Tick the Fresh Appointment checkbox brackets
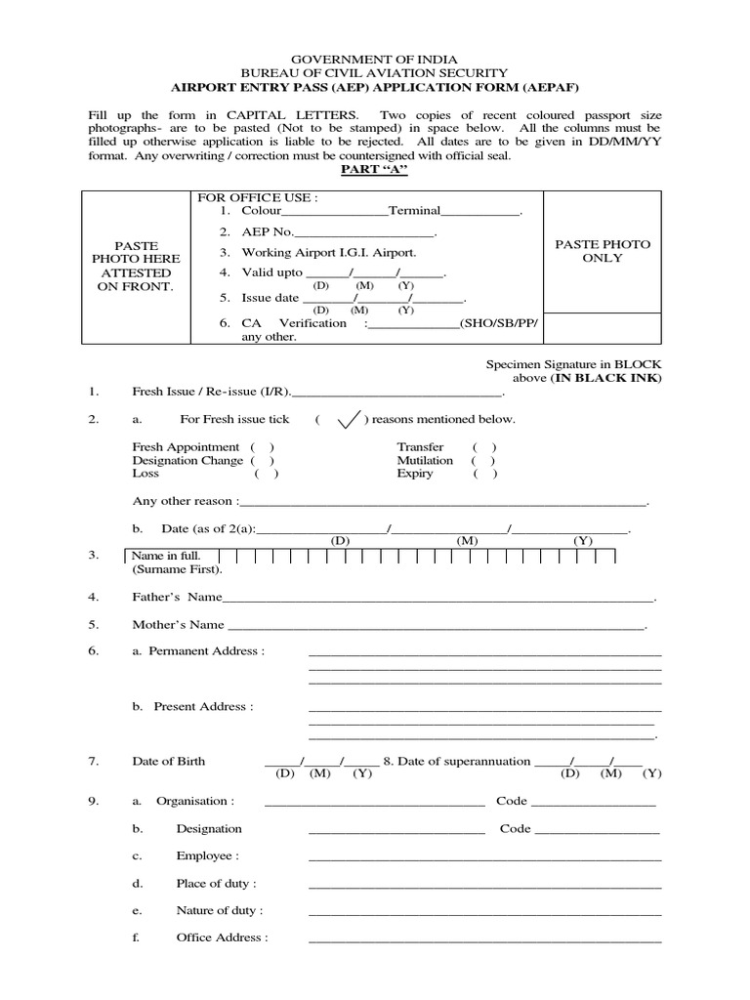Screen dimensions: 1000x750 (x=262, y=447)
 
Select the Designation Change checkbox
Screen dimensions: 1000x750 (x=262, y=460)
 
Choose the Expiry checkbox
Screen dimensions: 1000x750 (x=483, y=474)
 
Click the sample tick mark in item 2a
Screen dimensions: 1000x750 (x=347, y=419)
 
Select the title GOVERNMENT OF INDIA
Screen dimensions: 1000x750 (x=375, y=60)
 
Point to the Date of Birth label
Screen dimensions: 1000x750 (x=169, y=762)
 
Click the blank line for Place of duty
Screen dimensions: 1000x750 (x=484, y=886)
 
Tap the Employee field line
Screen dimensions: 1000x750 (x=484, y=858)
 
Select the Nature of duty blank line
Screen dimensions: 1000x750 (x=484, y=913)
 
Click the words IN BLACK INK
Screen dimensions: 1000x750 (x=608, y=378)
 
